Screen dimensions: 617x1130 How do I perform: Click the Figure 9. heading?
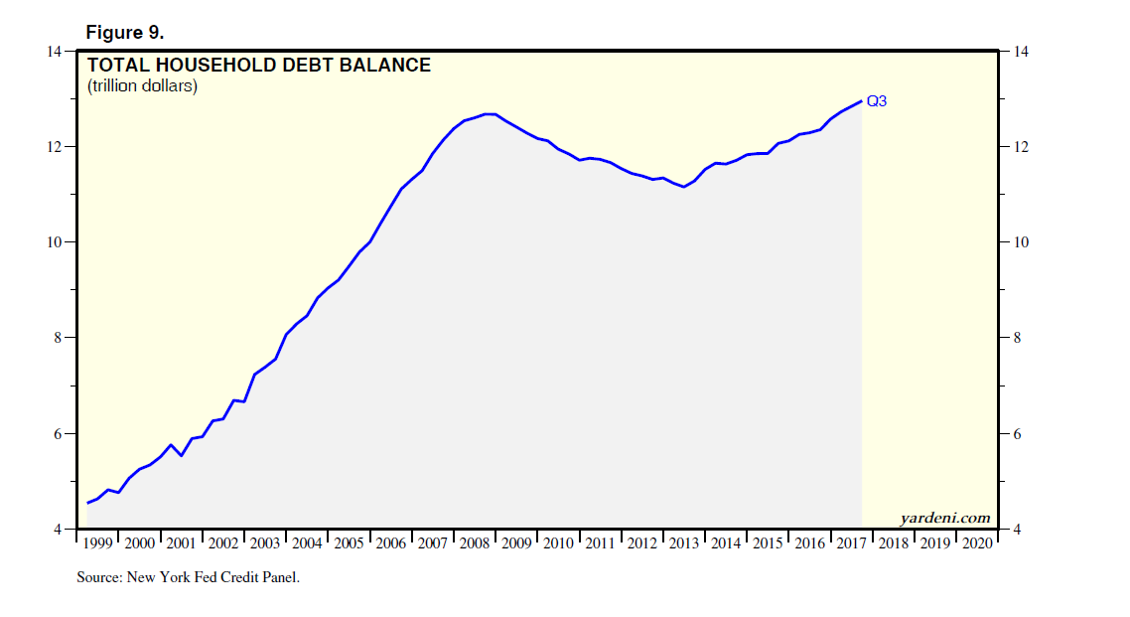[124, 33]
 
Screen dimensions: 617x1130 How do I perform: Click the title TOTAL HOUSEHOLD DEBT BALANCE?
[259, 66]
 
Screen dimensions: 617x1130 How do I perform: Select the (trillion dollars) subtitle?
[143, 86]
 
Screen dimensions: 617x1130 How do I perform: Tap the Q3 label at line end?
[877, 101]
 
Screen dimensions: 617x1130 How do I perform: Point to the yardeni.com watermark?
[945, 518]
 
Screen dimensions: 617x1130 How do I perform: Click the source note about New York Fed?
[188, 577]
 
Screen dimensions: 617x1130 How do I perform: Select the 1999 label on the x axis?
[98, 543]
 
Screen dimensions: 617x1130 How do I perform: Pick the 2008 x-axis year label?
[476, 543]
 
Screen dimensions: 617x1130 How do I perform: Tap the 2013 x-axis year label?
[685, 543]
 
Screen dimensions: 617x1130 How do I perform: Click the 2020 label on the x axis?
[978, 543]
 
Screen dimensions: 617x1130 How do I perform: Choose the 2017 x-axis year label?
[852, 543]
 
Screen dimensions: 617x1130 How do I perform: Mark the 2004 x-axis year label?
[308, 543]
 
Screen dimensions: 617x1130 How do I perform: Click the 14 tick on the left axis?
[56, 52]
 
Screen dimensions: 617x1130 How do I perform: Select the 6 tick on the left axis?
[59, 434]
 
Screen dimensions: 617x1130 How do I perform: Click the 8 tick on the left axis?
[59, 338]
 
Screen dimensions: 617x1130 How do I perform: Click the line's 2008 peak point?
[490, 114]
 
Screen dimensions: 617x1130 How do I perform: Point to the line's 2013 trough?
[683, 187]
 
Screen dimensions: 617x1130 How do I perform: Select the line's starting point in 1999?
[87, 503]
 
